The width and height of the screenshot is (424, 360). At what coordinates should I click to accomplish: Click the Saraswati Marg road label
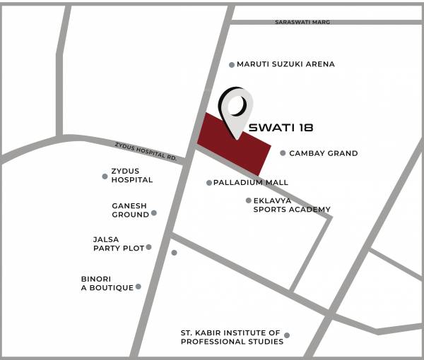(x=302, y=23)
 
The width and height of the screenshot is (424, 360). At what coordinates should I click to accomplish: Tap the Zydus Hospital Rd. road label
(x=146, y=152)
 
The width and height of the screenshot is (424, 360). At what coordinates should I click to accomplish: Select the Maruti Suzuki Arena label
(x=285, y=64)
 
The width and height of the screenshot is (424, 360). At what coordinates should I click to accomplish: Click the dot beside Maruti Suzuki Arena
(x=232, y=65)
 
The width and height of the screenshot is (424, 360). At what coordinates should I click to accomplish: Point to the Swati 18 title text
(x=281, y=128)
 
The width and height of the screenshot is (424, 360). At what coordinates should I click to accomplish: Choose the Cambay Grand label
(x=323, y=153)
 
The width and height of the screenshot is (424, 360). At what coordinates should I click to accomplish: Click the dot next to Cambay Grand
(x=283, y=152)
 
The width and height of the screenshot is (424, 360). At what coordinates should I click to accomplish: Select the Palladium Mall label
(x=251, y=183)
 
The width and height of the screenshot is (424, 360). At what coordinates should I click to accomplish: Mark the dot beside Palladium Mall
(x=209, y=183)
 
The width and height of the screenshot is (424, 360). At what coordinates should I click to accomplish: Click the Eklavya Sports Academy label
(x=292, y=205)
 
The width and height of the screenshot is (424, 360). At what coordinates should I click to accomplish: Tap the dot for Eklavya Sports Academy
(x=248, y=200)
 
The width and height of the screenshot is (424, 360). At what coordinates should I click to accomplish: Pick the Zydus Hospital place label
(x=131, y=175)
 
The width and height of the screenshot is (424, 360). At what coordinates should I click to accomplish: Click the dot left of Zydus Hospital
(x=105, y=176)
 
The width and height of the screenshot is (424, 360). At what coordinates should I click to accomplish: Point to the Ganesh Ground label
(x=130, y=210)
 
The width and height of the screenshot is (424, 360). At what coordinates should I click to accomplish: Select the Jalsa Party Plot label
(x=118, y=244)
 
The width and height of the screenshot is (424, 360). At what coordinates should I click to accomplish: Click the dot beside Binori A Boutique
(x=139, y=287)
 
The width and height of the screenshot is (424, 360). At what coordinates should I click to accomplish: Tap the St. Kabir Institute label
(x=231, y=337)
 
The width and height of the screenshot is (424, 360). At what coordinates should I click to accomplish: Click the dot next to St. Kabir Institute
(x=287, y=335)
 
